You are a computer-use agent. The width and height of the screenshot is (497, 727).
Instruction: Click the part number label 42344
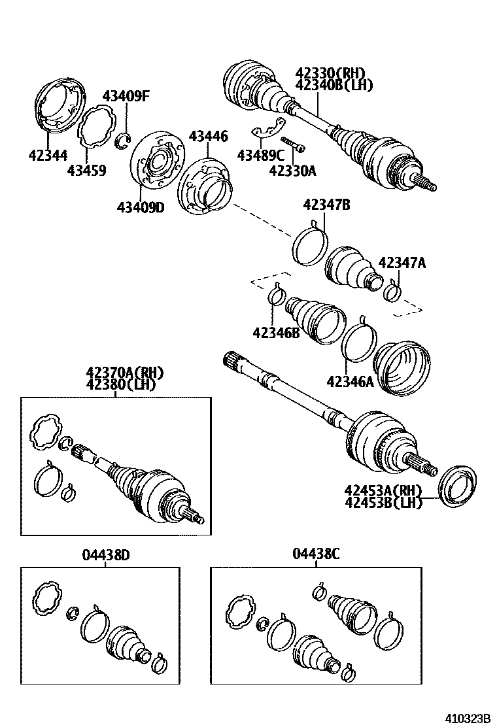click(x=48, y=155)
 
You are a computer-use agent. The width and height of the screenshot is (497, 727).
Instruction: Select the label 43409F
click(x=126, y=97)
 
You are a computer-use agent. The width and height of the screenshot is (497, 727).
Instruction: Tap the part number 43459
click(x=86, y=171)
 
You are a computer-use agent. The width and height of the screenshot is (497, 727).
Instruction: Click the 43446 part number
click(x=209, y=137)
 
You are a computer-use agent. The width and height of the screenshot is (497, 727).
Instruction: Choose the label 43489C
click(x=260, y=155)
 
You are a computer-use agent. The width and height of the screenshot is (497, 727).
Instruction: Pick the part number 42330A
click(x=292, y=171)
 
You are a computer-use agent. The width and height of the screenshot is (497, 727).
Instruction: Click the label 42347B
click(x=326, y=205)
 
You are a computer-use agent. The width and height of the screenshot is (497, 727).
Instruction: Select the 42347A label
click(x=402, y=263)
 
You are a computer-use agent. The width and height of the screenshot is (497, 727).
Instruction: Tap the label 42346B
click(x=275, y=332)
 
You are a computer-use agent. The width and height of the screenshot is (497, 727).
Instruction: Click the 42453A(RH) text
click(x=383, y=490)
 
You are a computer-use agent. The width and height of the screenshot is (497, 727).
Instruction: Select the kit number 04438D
click(x=106, y=555)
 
